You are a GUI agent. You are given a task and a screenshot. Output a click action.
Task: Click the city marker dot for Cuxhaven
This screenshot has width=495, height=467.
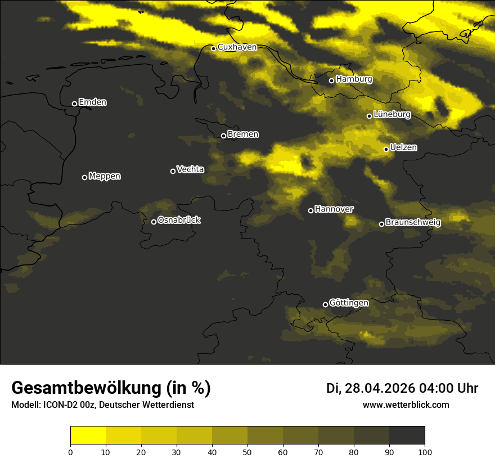click(x=213, y=48)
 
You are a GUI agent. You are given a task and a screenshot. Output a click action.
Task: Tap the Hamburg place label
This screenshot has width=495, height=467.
click(x=354, y=79)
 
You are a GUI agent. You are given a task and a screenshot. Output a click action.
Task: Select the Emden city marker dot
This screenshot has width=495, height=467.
click(x=74, y=104)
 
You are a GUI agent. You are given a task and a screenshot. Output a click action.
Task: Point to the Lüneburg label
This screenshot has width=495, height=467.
click(x=391, y=114)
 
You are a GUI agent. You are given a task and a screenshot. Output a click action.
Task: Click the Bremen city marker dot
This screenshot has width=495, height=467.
click(x=223, y=136)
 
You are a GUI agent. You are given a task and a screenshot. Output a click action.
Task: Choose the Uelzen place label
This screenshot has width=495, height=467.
click(x=403, y=147)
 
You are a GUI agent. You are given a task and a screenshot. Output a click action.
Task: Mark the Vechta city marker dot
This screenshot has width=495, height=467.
click(x=173, y=171)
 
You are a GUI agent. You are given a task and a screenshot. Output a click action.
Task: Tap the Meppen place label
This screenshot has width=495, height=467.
click(x=105, y=176)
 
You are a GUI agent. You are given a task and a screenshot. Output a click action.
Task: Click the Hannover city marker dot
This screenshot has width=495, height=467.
click(x=310, y=210)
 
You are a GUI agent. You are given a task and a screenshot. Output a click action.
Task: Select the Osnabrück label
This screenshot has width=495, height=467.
click(x=179, y=220)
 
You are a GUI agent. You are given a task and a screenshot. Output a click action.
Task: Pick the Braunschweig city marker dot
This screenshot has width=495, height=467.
click(x=381, y=224)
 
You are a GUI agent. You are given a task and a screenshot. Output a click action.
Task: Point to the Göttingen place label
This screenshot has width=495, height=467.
click(x=349, y=303)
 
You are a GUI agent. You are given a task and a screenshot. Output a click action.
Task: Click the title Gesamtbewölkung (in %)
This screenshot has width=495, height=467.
click(x=111, y=388)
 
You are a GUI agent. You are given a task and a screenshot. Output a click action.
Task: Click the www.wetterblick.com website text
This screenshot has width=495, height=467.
click(x=406, y=405)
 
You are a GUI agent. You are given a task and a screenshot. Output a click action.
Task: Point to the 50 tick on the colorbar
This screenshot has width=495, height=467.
click(x=247, y=451)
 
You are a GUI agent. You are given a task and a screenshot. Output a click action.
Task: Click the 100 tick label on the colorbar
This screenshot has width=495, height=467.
click(x=425, y=452)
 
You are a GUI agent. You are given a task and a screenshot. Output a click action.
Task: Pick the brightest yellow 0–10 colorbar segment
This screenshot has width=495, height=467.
click(x=88, y=435)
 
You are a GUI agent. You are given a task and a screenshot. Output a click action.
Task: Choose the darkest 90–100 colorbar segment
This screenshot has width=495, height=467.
click(x=407, y=435)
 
